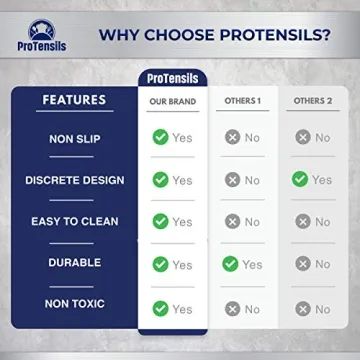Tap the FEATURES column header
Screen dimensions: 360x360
(x=74, y=100)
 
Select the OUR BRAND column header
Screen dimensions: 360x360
(x=172, y=101)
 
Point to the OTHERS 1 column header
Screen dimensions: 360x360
(x=242, y=101)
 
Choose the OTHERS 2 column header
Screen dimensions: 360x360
(x=311, y=101)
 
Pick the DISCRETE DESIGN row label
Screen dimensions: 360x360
(x=74, y=180)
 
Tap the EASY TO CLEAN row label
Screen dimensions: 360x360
(x=74, y=222)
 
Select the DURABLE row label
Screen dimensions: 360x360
(x=74, y=263)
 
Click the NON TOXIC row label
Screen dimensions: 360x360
(x=74, y=303)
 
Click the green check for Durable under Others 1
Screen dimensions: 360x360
(x=231, y=264)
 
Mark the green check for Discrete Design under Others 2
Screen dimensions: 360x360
(x=300, y=179)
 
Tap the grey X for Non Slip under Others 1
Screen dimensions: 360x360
(x=232, y=137)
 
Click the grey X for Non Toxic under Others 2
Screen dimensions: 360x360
(x=302, y=309)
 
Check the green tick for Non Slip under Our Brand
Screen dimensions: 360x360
(x=160, y=137)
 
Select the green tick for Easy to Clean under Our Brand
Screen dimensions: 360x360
(x=160, y=221)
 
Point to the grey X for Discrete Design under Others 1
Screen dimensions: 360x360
(x=232, y=180)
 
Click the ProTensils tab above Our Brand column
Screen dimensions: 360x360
(x=172, y=78)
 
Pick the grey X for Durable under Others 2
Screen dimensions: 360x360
(x=302, y=264)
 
